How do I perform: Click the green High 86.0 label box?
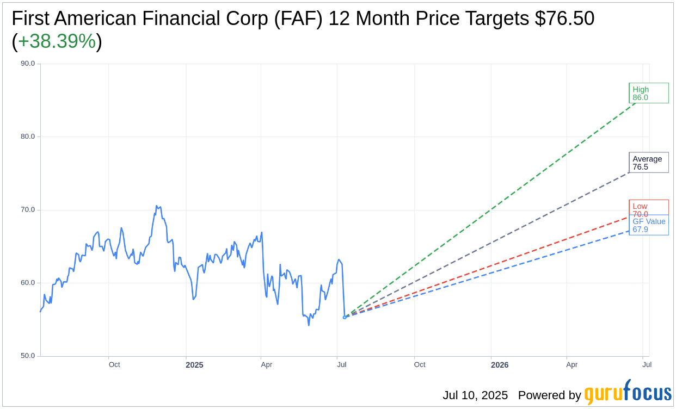point(648,93)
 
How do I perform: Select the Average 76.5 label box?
point(648,163)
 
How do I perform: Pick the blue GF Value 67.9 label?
point(648,225)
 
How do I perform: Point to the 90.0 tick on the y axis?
point(28,63)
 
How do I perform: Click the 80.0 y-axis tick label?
point(28,137)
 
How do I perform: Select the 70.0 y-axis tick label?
point(28,209)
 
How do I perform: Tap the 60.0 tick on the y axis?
point(28,283)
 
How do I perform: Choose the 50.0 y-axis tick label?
point(28,356)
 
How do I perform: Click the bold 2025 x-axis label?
point(194,365)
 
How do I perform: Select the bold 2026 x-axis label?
point(500,365)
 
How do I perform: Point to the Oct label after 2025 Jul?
point(420,365)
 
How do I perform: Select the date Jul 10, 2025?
point(475,395)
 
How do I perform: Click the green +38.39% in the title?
point(57,41)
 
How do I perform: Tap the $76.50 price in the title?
point(564,18)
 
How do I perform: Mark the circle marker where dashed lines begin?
point(345,317)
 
